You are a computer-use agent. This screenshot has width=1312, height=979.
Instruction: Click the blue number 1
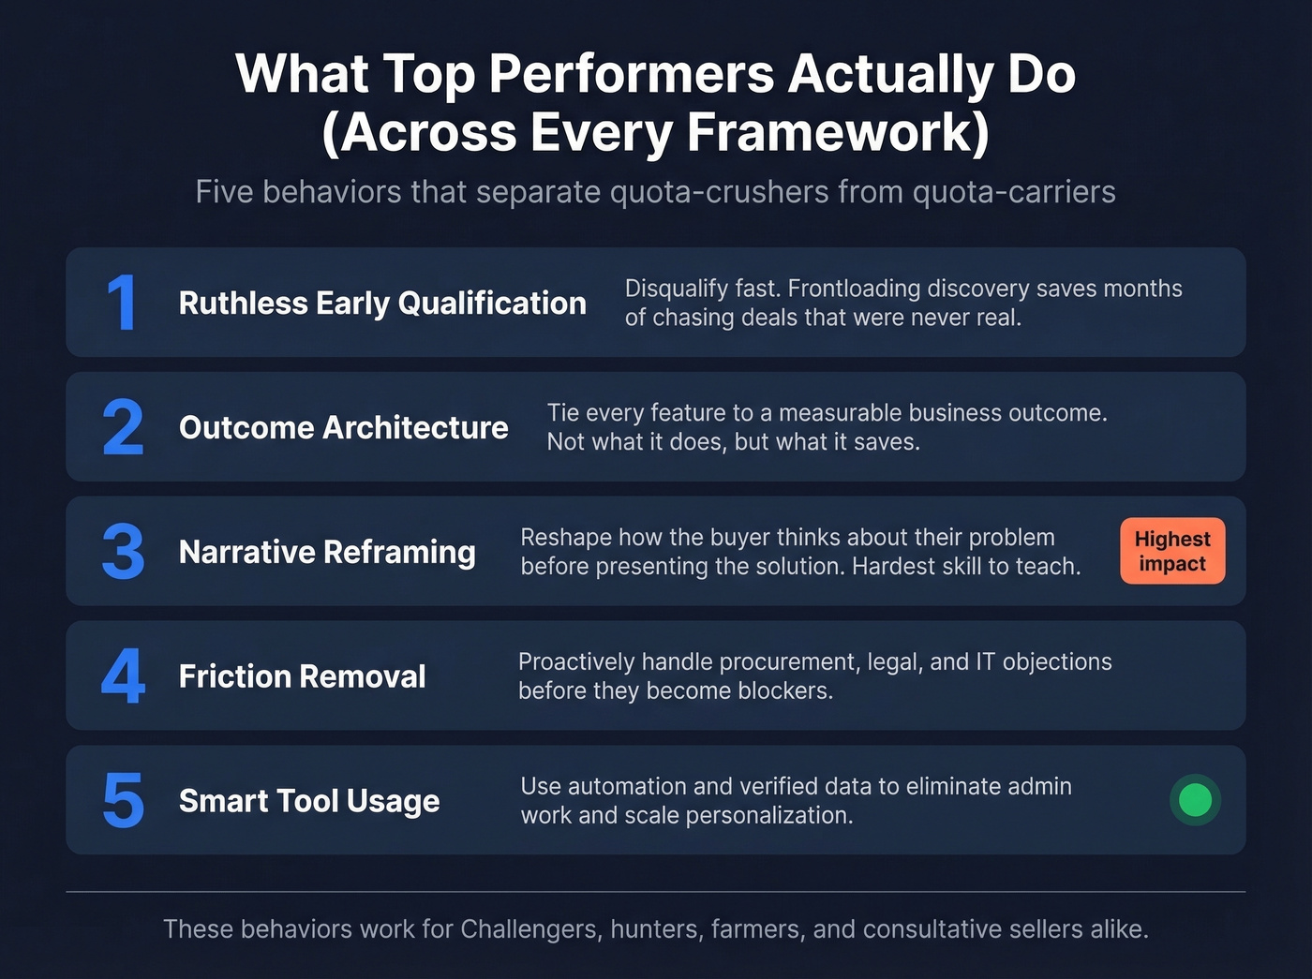[x=122, y=304]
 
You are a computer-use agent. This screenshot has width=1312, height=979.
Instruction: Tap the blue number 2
[x=123, y=428]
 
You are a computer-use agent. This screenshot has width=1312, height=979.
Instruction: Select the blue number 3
[x=123, y=553]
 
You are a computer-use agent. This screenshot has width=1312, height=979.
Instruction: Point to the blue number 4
[x=123, y=676]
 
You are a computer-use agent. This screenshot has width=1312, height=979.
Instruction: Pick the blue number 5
[x=123, y=801]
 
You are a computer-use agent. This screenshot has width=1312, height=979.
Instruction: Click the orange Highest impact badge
[x=1172, y=551]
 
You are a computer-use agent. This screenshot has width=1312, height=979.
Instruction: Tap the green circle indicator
[x=1195, y=800]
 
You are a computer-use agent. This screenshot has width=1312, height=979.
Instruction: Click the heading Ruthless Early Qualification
[x=382, y=304]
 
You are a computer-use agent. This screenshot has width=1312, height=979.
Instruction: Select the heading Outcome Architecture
[x=343, y=428]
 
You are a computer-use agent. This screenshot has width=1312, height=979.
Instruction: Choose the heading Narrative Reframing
[x=327, y=553]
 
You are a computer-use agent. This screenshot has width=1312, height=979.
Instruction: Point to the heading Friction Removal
[x=302, y=676]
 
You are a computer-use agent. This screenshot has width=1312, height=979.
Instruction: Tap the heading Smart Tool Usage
[x=309, y=801]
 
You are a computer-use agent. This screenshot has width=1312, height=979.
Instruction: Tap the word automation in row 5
[x=627, y=787]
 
